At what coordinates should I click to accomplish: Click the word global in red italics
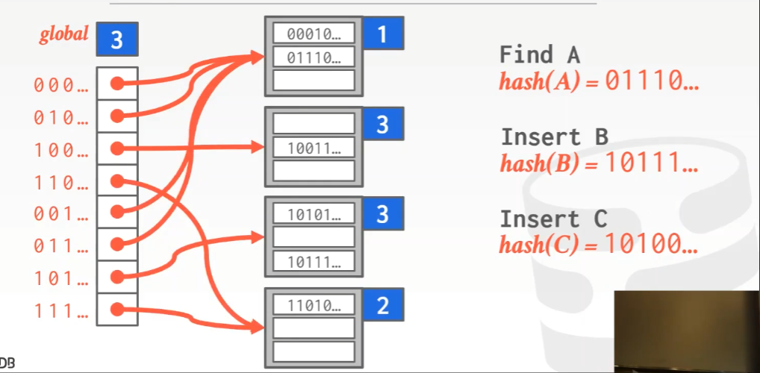63,34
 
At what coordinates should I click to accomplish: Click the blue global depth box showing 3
117,40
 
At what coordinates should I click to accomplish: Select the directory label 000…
60,85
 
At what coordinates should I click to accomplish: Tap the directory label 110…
60,182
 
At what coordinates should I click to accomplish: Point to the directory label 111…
60,310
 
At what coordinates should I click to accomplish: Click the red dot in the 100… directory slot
116,149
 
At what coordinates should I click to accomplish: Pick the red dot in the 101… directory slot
116,278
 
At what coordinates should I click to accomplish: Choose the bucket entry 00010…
314,34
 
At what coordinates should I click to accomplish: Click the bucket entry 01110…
314,57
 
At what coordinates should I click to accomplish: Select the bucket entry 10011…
314,148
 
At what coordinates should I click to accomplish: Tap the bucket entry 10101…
314,215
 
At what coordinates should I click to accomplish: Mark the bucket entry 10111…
314,261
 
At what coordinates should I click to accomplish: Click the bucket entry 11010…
314,305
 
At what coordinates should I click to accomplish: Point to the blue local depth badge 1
383,34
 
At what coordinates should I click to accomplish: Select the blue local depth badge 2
383,306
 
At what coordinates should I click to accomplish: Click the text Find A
539,54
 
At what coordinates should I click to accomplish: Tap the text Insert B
554,137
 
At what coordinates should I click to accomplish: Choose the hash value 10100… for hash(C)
650,243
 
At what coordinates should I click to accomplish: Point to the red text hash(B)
539,163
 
